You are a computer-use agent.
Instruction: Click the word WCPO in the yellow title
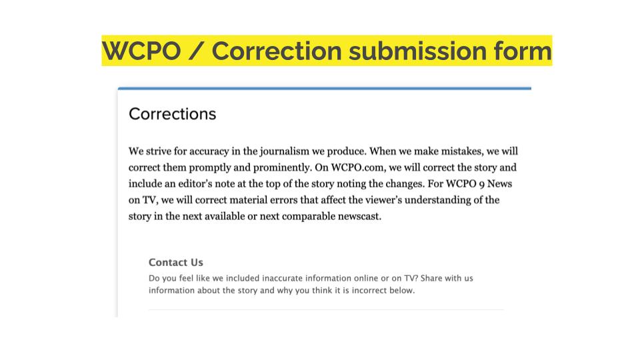(x=141, y=51)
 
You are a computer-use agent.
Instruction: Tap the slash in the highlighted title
(x=196, y=51)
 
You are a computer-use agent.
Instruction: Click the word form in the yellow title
(x=523, y=51)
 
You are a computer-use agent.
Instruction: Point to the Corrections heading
(x=172, y=114)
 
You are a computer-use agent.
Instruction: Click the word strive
(x=159, y=151)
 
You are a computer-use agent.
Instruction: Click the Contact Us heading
(x=176, y=262)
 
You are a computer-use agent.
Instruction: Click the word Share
(x=431, y=278)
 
